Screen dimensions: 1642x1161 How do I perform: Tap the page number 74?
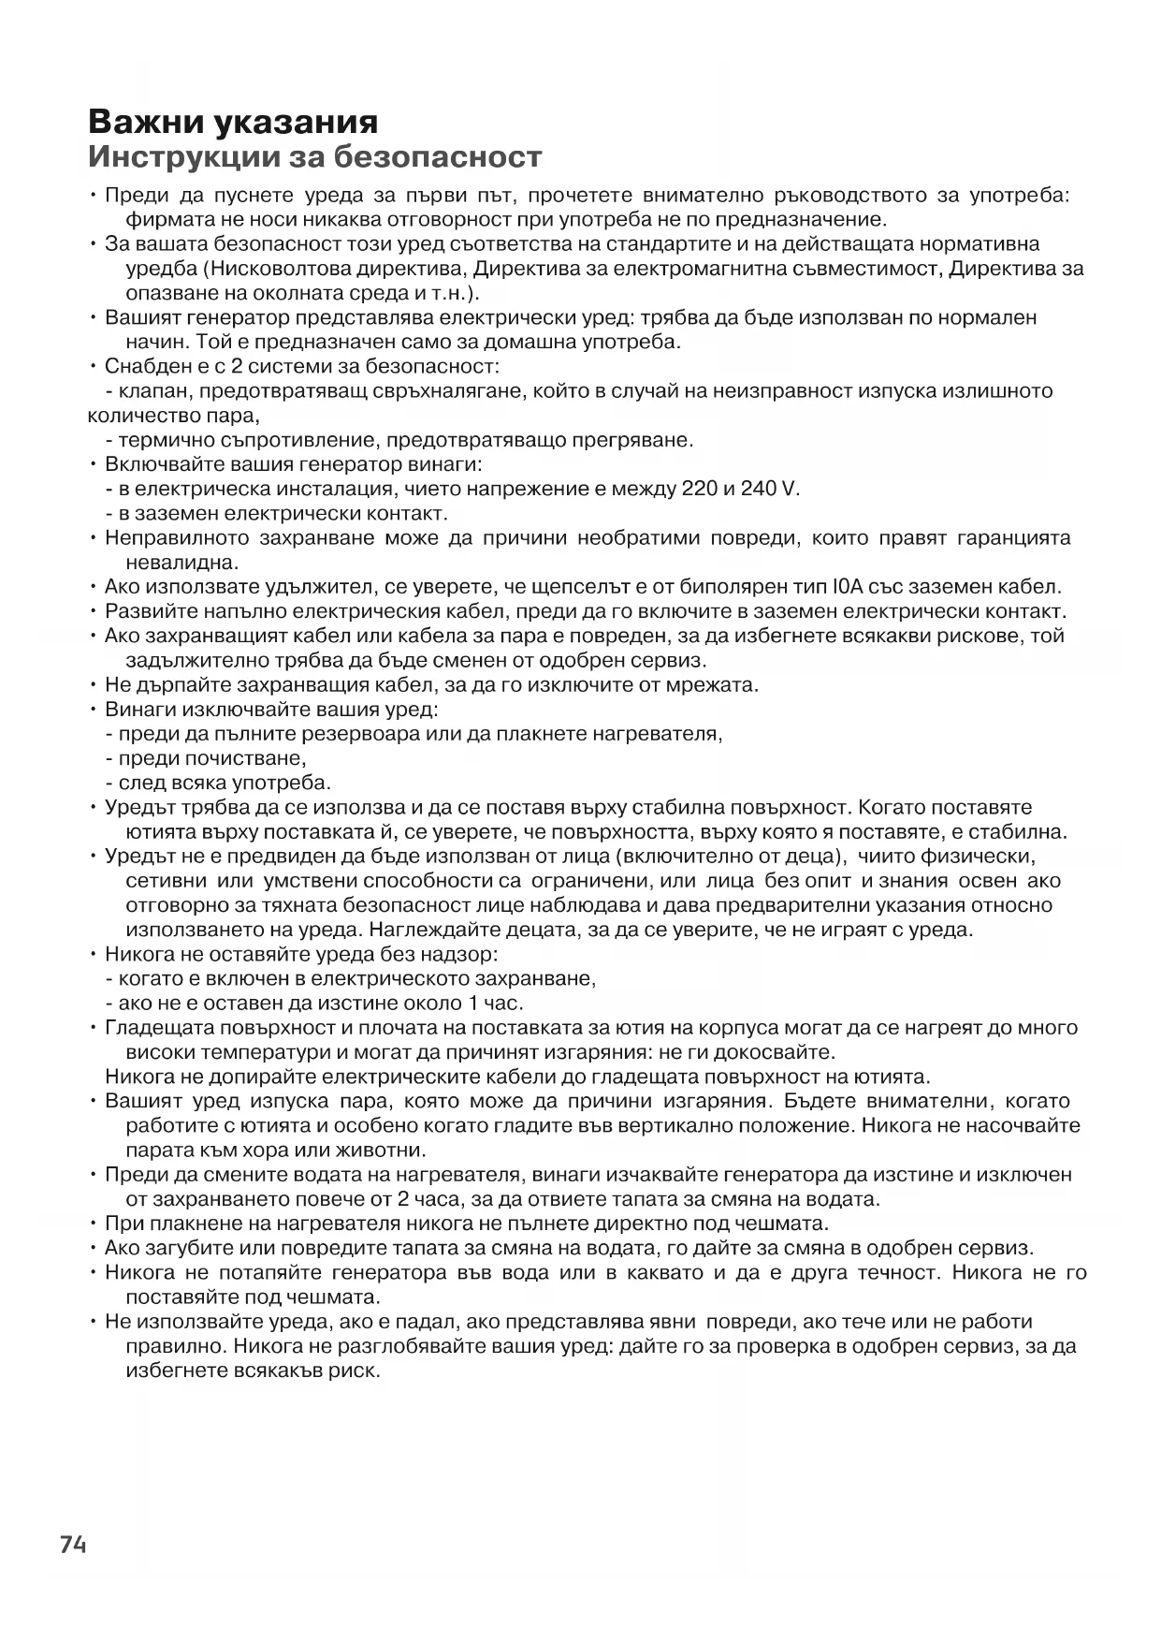73,1545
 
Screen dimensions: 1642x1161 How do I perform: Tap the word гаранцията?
1014,538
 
